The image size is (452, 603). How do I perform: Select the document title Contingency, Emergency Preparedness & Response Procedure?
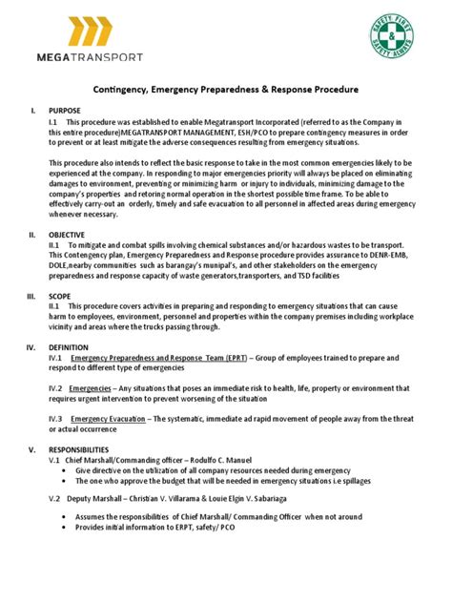coord(225,90)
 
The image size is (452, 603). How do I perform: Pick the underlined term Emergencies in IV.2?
coord(92,388)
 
